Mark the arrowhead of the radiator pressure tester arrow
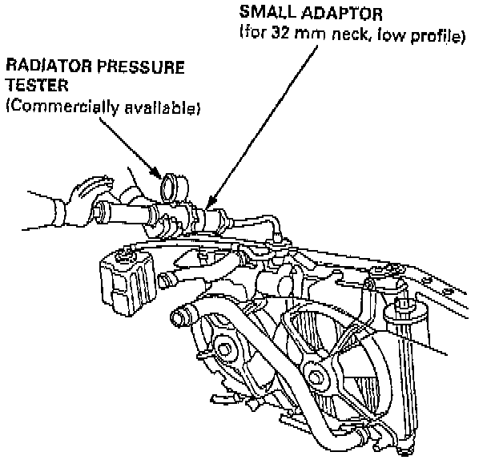coord(163,176)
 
